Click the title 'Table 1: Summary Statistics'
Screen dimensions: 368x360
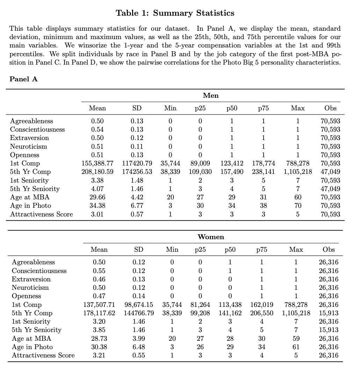[x=175, y=13]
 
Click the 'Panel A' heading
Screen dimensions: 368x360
[x=23, y=79]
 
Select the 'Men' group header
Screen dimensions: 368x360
[x=211, y=95]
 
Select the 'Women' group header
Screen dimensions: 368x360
[x=211, y=237]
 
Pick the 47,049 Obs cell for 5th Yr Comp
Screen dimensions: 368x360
[x=330, y=172]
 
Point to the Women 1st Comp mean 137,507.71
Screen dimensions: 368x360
[x=99, y=304]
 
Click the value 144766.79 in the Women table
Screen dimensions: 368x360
[x=139, y=313]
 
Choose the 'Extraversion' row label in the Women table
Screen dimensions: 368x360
[x=31, y=279]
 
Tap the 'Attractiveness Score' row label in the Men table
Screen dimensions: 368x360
[x=42, y=214]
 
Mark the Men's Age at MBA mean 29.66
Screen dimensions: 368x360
[x=98, y=197]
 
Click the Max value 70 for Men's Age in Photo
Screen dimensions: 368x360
[x=298, y=206]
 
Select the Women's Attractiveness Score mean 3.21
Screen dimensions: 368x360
[x=99, y=355]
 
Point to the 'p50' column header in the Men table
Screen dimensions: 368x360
[x=231, y=108]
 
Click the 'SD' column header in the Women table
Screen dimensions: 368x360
[x=139, y=249]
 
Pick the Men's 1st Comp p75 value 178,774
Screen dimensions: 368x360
[x=263, y=163]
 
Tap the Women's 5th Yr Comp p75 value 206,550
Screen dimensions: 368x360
[x=262, y=313]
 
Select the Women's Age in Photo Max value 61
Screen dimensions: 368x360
[x=296, y=347]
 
